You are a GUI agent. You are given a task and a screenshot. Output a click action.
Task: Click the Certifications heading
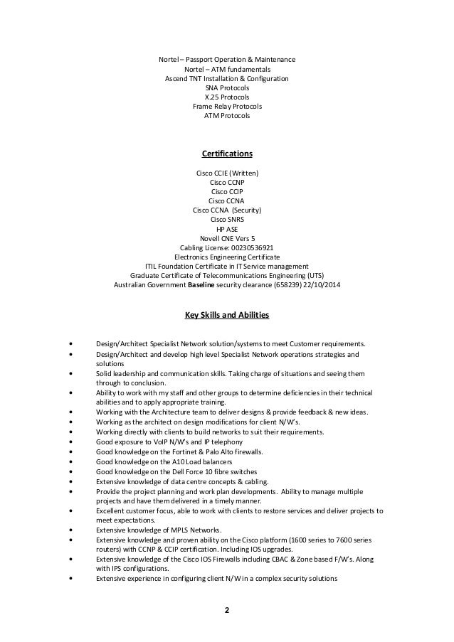click(227, 153)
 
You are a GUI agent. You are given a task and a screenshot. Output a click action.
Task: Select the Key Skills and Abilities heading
click(227, 314)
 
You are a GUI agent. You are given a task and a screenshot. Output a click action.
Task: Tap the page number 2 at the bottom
click(227, 609)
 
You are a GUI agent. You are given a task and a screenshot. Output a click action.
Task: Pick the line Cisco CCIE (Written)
click(227, 173)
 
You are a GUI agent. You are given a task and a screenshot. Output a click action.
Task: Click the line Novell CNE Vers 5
click(227, 238)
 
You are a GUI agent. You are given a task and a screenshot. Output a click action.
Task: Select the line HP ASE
click(227, 229)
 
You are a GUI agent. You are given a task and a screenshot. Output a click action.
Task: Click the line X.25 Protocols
click(227, 97)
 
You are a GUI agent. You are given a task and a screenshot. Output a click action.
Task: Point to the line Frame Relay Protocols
click(227, 106)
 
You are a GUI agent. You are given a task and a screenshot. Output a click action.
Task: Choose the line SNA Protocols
click(227, 87)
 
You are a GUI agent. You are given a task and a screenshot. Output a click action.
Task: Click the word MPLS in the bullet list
click(177, 530)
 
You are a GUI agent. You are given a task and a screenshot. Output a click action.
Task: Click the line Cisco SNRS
click(227, 220)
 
